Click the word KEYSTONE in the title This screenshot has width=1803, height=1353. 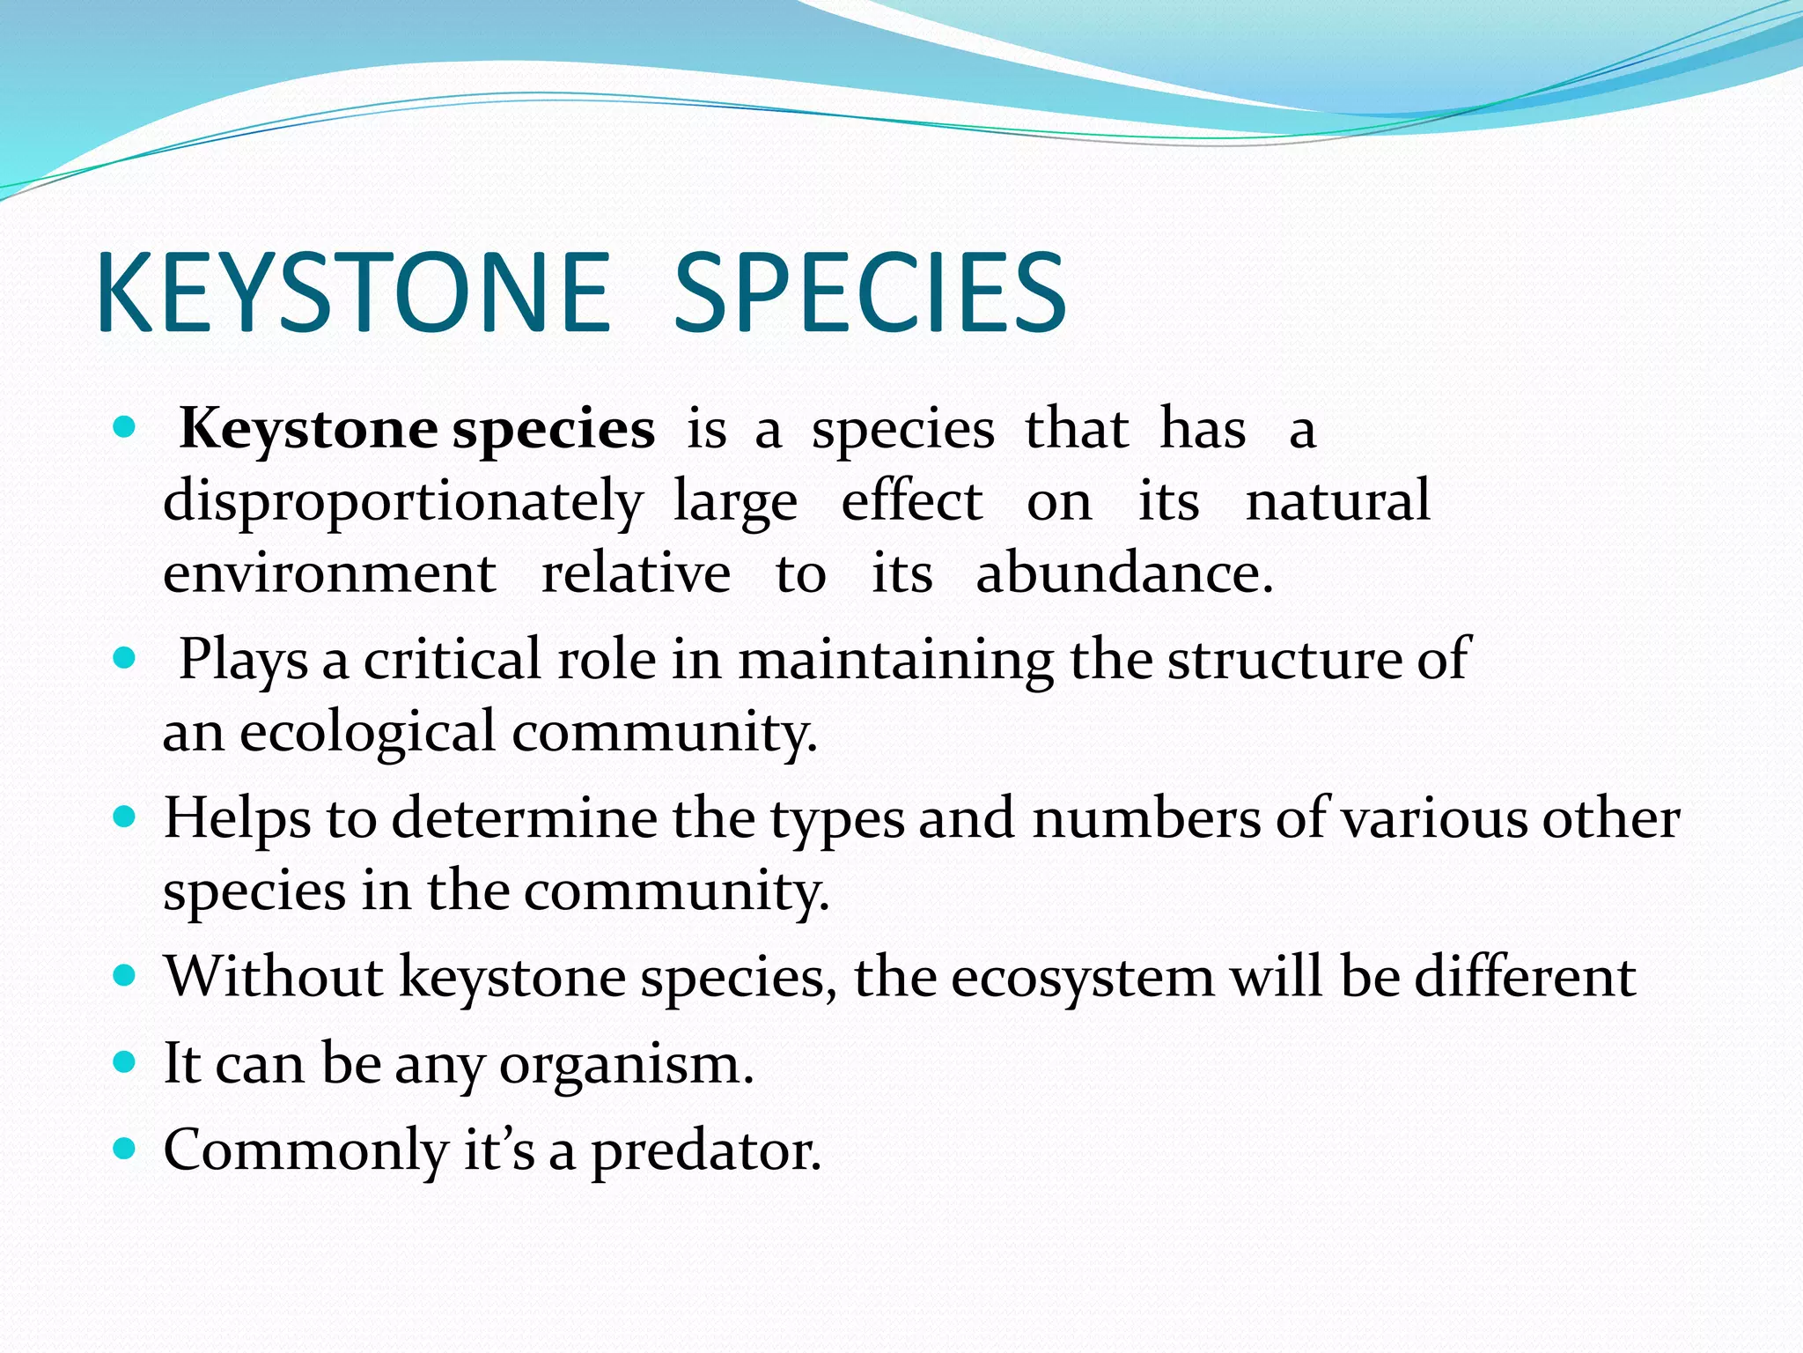[352, 292]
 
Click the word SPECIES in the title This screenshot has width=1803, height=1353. [870, 292]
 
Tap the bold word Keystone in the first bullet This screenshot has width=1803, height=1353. [308, 430]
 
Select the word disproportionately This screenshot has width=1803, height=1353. [403, 502]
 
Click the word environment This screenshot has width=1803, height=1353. [329, 573]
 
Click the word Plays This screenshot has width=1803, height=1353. [243, 660]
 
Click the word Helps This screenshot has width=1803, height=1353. [237, 818]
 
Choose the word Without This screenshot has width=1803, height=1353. [274, 977]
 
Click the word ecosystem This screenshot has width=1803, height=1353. [1082, 979]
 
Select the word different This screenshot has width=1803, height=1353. [1524, 977]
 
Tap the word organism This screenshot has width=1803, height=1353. [626, 1065]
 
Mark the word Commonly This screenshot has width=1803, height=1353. [305, 1151]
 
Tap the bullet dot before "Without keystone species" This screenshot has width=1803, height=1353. [125, 976]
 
